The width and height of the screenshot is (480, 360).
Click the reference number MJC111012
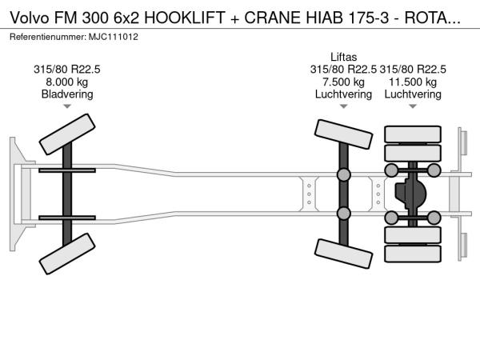114,37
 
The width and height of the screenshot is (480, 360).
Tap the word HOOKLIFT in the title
185,18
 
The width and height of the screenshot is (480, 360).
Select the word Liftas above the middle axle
343,57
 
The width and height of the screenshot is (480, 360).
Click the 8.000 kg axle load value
66,82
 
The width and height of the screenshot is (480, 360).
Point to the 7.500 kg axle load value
343,82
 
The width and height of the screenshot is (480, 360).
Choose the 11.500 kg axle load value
413,82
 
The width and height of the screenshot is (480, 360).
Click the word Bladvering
67,94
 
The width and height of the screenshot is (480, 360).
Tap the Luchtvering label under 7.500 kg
343,94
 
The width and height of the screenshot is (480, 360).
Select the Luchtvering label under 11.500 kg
413,94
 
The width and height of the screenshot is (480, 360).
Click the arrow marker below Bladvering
67,106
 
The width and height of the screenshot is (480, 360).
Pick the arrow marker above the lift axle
343,106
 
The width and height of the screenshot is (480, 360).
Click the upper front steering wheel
67,134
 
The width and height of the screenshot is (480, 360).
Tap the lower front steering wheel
67,254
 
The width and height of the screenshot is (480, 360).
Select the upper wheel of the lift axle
343,134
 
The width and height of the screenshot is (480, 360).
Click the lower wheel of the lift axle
343,254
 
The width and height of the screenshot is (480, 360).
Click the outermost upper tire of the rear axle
413,134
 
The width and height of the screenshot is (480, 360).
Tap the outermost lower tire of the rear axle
413,254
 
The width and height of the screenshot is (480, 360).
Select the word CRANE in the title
273,18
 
